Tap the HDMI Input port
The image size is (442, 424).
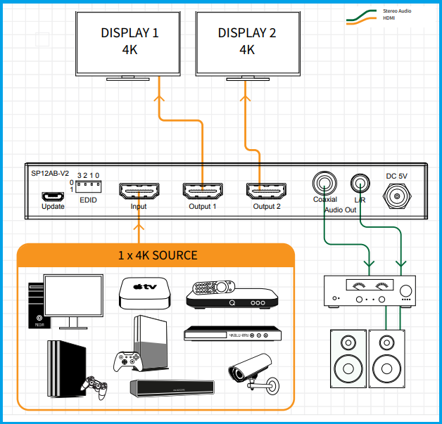pyautogui.click(x=139, y=191)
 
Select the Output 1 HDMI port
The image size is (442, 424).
pyautogui.click(x=203, y=191)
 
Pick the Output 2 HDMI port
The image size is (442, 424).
pyautogui.click(x=267, y=191)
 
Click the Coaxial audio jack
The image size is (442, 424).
pyautogui.click(x=324, y=184)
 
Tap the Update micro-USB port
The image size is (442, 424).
pyautogui.click(x=53, y=196)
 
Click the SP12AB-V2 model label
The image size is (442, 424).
pyautogui.click(x=50, y=172)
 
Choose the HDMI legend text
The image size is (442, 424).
pyautogui.click(x=389, y=18)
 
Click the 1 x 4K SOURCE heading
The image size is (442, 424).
pyautogui.click(x=158, y=255)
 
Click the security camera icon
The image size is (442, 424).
pyautogui.click(x=251, y=371)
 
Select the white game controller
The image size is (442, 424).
pyautogui.click(x=130, y=362)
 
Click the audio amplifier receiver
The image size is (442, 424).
pyautogui.click(x=368, y=290)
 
